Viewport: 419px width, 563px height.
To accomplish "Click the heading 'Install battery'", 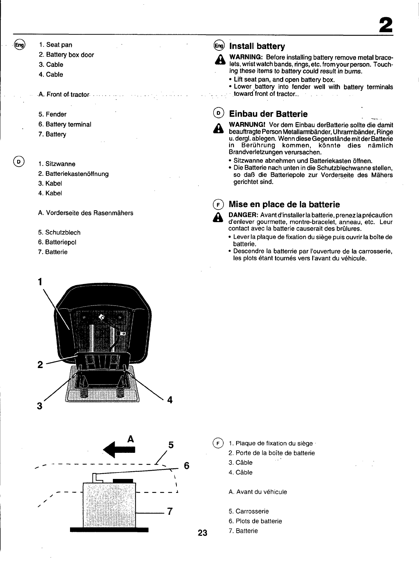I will (257, 46).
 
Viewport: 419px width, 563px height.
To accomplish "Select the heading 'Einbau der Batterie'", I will (268, 114).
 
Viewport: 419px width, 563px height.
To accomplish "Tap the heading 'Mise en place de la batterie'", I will (284, 204).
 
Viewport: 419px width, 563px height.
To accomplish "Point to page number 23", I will (202, 533).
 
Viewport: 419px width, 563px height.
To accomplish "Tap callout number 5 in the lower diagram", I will (171, 445).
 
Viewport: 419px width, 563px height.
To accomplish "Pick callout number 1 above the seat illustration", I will (40, 281).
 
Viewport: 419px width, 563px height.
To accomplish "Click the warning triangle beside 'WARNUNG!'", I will (218, 128).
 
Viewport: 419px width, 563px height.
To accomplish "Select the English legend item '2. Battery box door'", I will (66, 55).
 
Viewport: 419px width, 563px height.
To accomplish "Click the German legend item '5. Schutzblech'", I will (59, 232).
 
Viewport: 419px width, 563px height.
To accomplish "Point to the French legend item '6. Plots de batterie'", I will (255, 521).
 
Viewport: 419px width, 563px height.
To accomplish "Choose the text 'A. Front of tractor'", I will (64, 94).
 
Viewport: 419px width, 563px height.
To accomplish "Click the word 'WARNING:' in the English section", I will (246, 58).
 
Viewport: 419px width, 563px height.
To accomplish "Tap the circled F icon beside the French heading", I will (218, 205).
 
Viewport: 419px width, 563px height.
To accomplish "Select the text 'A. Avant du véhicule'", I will (258, 492).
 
